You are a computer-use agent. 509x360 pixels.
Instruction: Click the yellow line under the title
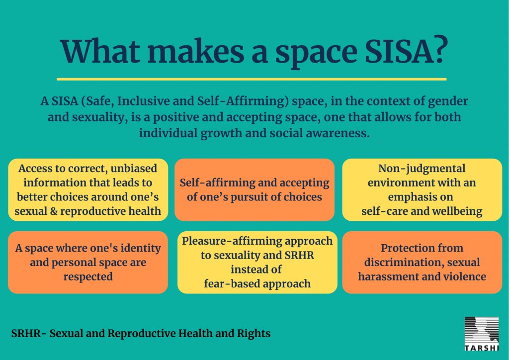[x=252, y=79]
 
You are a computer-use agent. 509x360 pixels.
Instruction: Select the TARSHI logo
[x=481, y=334]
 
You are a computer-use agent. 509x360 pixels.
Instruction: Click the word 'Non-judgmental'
[x=422, y=169]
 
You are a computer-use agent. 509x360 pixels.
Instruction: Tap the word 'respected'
[x=88, y=277]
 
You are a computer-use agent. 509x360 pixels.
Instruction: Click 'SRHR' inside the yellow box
[x=299, y=255]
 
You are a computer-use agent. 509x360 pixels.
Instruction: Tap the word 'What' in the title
[x=100, y=51]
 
